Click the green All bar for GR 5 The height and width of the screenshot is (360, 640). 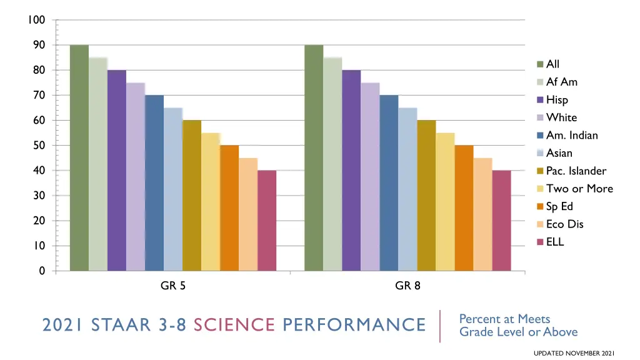(x=79, y=157)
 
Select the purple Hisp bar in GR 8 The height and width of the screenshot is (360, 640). (x=351, y=170)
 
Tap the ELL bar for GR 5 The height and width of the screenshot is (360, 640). (x=267, y=220)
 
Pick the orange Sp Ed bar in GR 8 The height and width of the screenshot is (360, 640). (x=464, y=207)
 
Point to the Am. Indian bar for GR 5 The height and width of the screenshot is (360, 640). (x=154, y=182)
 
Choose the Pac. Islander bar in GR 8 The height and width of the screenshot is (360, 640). (x=426, y=195)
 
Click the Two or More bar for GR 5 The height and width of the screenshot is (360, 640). (x=211, y=201)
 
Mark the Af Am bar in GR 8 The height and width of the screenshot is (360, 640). (x=332, y=164)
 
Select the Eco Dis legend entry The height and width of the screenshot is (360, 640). (x=564, y=224)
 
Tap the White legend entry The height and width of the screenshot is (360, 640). (x=561, y=117)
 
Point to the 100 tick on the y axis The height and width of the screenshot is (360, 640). (x=37, y=20)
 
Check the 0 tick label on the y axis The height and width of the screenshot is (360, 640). (x=42, y=271)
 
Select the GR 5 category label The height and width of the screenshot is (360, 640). (x=173, y=286)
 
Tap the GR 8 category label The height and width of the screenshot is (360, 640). (x=407, y=286)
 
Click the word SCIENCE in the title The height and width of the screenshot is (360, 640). (x=234, y=325)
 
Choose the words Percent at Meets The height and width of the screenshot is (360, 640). (x=504, y=319)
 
